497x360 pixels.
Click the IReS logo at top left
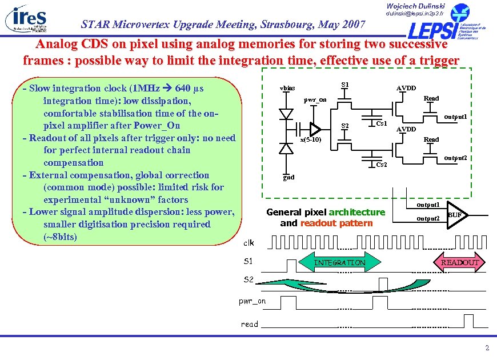click(26, 19)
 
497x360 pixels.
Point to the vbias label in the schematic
click(287, 89)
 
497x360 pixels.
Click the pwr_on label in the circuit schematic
click(315, 99)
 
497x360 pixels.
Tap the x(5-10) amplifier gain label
click(311, 140)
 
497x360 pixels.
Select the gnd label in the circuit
click(288, 177)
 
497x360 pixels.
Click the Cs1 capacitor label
click(382, 123)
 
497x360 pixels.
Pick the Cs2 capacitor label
click(382, 165)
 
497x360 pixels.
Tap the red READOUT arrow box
click(460, 262)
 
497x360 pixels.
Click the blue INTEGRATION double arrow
click(340, 262)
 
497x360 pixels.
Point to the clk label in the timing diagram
click(248, 243)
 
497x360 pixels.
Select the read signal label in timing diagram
click(249, 324)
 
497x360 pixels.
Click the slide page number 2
click(486, 348)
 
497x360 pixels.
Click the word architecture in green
click(357, 212)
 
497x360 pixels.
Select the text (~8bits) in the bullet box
click(60, 237)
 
